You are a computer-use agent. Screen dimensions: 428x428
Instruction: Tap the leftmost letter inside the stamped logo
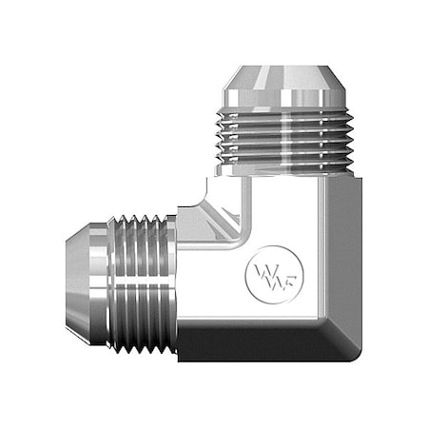257,272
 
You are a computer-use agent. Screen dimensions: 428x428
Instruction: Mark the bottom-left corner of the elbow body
181,352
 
